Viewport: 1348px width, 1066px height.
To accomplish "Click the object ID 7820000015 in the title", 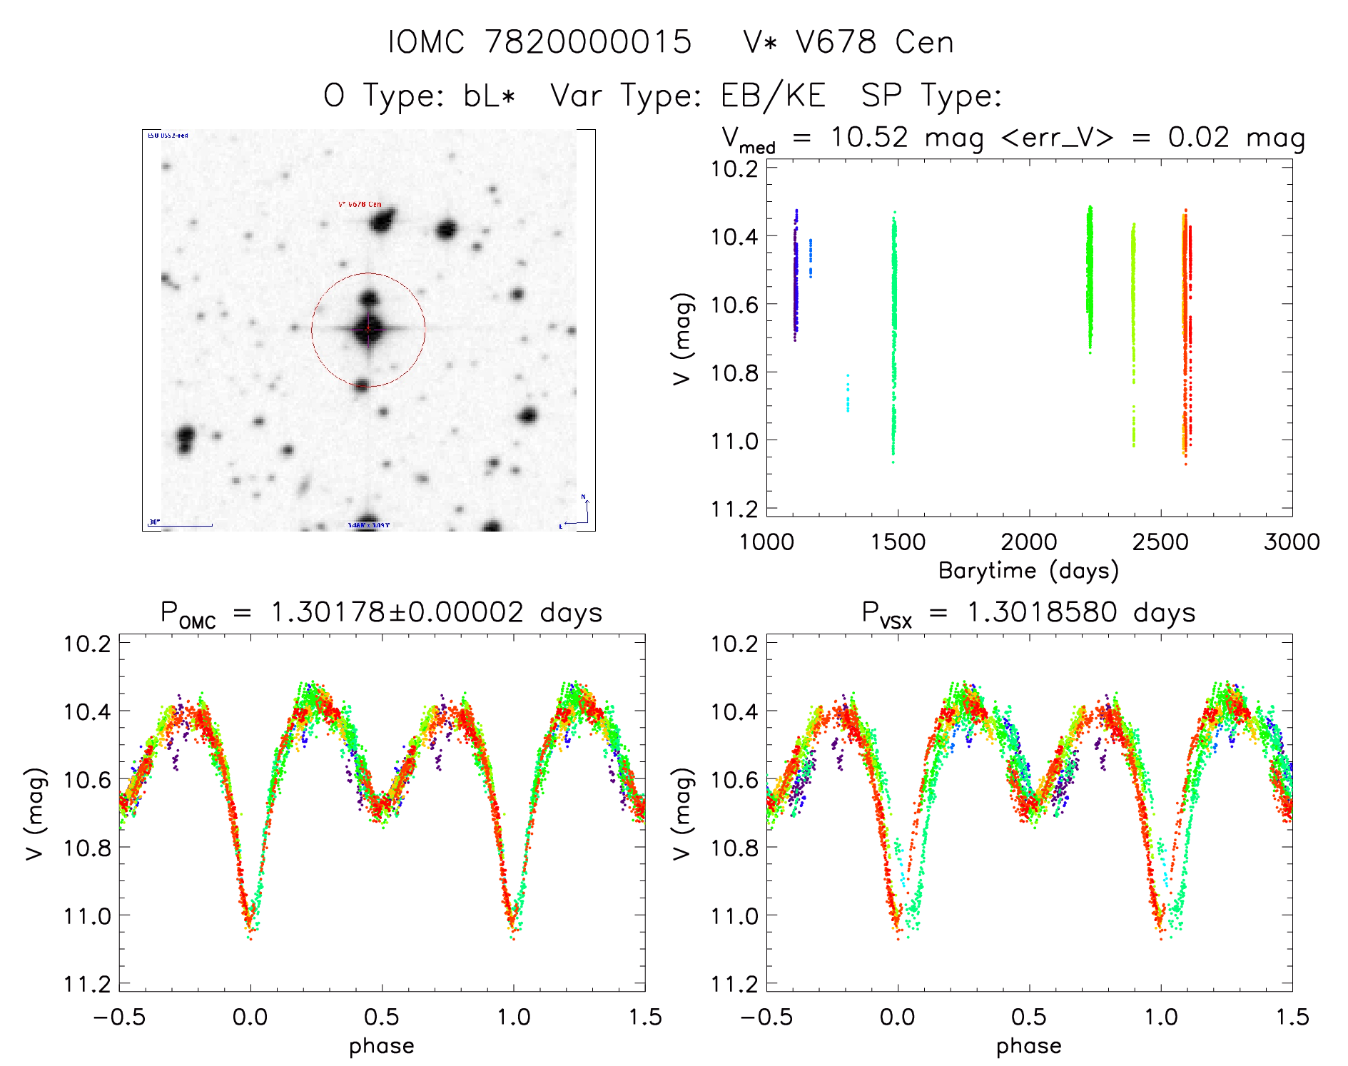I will [588, 42].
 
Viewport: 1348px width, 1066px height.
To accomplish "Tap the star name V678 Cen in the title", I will [874, 42].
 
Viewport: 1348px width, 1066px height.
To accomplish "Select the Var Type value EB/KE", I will [773, 96].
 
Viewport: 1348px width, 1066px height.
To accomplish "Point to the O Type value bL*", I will [489, 96].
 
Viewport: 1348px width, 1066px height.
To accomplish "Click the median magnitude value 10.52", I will [869, 137].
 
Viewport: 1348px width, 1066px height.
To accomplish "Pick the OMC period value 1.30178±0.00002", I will [397, 613].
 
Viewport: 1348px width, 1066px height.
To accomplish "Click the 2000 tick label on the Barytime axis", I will [1028, 542].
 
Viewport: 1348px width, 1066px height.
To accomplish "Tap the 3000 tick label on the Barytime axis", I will [1292, 542].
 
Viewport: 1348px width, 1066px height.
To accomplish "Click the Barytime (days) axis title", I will [1028, 571].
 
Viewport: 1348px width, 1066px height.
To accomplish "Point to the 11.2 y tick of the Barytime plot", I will [734, 509].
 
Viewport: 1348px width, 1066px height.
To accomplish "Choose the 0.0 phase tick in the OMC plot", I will [250, 1017].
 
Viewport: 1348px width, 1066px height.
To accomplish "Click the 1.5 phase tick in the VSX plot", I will [1292, 1017].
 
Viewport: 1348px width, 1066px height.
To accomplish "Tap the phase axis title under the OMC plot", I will [381, 1046].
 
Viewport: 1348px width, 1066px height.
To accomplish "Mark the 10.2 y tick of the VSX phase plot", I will [734, 644].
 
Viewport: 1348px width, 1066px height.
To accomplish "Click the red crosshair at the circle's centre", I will [368, 329].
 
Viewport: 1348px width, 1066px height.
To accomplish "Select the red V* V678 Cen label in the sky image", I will [360, 205].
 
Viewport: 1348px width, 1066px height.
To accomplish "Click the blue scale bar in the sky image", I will [181, 525].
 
